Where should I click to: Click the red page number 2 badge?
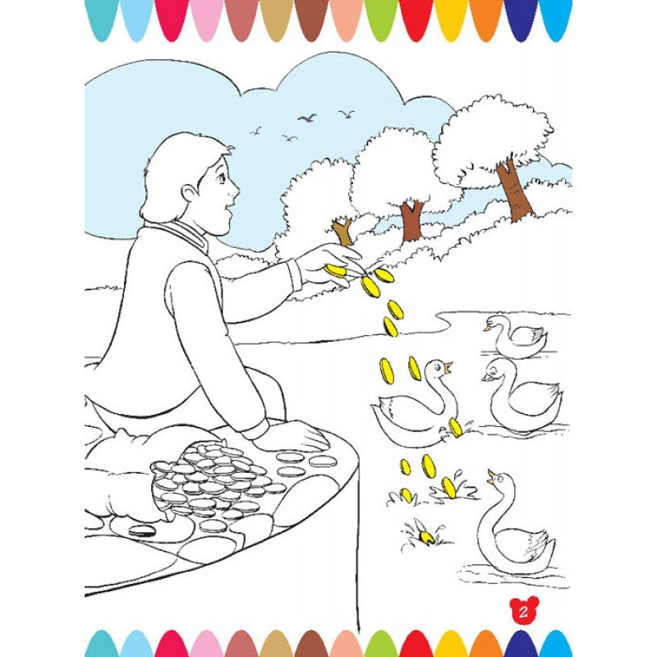(x=523, y=611)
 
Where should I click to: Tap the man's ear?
(x=191, y=194)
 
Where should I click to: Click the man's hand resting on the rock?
(x=292, y=436)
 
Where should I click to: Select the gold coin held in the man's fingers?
(x=335, y=271)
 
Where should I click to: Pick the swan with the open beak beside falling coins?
(x=415, y=407)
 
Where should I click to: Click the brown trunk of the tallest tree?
(x=514, y=191)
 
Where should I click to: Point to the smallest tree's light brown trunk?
(x=342, y=232)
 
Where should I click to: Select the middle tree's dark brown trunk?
(x=412, y=221)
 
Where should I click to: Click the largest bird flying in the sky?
(x=307, y=117)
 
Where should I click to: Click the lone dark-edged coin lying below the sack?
(x=142, y=531)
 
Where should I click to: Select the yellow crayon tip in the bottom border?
(x=451, y=643)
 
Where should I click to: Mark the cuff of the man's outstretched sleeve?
(x=295, y=274)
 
